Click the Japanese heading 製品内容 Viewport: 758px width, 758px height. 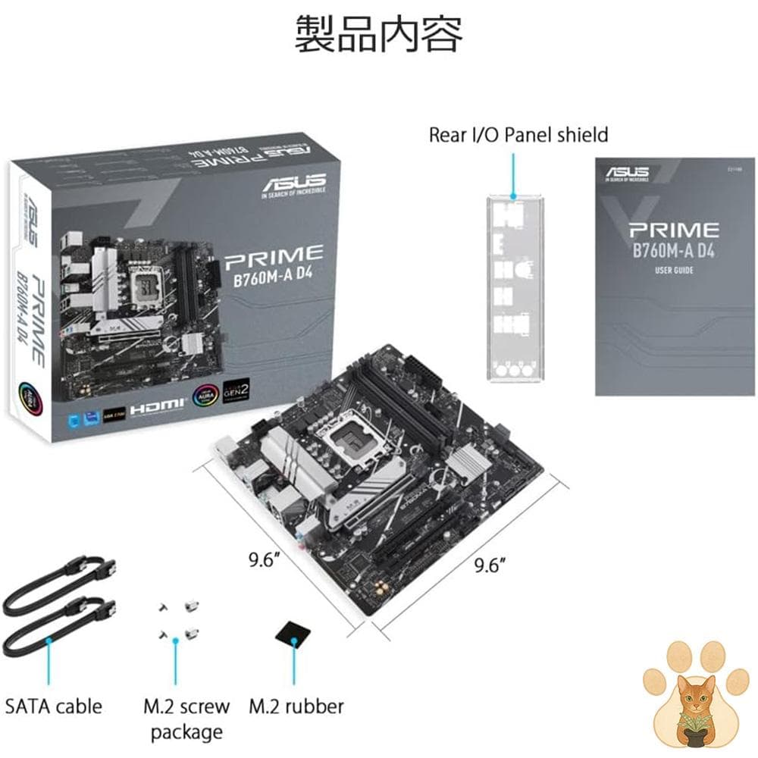(378, 34)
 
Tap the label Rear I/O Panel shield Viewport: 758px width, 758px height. (518, 136)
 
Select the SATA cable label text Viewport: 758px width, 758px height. (53, 706)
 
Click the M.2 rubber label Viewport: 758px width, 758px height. (296, 706)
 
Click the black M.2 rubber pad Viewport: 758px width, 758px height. (292, 635)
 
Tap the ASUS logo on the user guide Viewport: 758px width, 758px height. (627, 174)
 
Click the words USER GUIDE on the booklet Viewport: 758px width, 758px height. (673, 270)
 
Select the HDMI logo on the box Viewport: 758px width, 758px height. (158, 407)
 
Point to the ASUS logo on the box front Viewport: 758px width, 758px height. (294, 183)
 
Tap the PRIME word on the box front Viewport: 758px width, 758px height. (274, 252)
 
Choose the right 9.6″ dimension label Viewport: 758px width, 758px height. (490, 565)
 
